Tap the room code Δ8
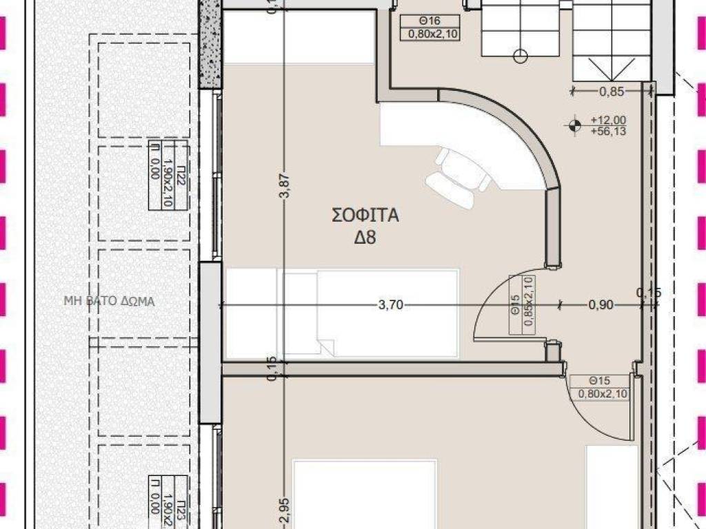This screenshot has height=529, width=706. click(365, 238)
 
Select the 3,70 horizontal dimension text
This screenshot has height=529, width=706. click(391, 306)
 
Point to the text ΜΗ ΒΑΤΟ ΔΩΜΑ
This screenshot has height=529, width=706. click(109, 300)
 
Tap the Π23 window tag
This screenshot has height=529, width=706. click(160, 501)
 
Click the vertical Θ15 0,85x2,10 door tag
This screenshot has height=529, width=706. click(522, 304)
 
